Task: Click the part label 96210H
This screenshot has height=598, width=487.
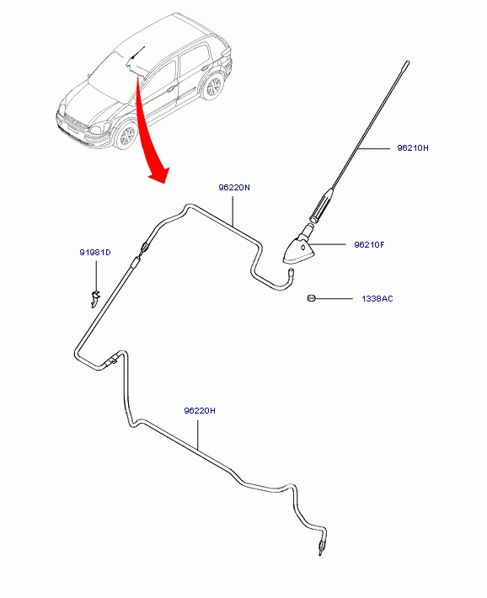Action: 413,148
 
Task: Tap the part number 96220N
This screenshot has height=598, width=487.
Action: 234,188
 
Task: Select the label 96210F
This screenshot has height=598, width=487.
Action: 369,245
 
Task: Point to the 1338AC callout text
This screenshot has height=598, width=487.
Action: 377,299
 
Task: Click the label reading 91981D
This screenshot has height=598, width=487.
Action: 95,253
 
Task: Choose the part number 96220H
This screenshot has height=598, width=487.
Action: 200,411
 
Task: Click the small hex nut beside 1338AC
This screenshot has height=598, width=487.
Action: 311,298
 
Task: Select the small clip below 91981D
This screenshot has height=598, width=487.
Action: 94,298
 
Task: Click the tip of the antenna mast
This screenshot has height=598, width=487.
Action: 408,61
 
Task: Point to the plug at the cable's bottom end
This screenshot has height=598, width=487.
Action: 321,549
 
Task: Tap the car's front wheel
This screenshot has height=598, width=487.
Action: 126,135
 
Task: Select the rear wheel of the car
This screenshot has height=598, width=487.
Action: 212,87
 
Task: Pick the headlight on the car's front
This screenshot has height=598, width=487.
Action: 98,127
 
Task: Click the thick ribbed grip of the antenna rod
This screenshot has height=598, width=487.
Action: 323,204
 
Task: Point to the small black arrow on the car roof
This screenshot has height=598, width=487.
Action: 138,52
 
